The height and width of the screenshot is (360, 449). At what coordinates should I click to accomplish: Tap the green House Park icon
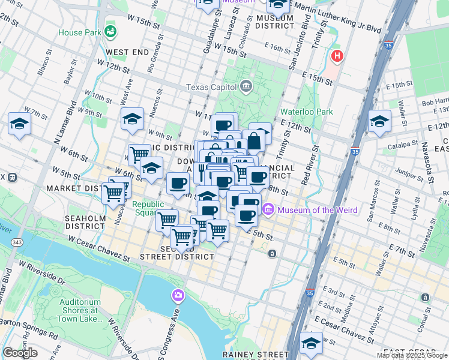[x=110, y=31]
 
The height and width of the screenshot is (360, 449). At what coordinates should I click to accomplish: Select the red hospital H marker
[x=337, y=57]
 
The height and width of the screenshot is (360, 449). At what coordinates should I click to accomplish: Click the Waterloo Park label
[x=307, y=112]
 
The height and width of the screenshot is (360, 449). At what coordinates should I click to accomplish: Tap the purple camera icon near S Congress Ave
[x=178, y=295]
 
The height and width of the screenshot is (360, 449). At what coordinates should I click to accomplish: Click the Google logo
[x=20, y=353]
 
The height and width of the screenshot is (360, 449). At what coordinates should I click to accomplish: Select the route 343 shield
[x=19, y=242]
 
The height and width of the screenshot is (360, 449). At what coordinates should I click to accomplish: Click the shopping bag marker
[x=254, y=142]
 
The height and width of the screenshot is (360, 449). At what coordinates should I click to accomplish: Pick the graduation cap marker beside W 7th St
[x=19, y=125]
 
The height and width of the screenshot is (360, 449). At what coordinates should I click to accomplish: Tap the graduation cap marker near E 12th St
[x=379, y=121]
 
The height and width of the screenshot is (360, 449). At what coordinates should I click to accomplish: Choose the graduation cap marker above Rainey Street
[x=312, y=343]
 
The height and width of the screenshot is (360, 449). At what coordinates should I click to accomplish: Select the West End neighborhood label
[x=128, y=52]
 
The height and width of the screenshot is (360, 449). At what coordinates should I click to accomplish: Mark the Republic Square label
[x=148, y=208]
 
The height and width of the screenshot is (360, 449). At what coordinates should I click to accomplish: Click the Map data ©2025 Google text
[x=412, y=355]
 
